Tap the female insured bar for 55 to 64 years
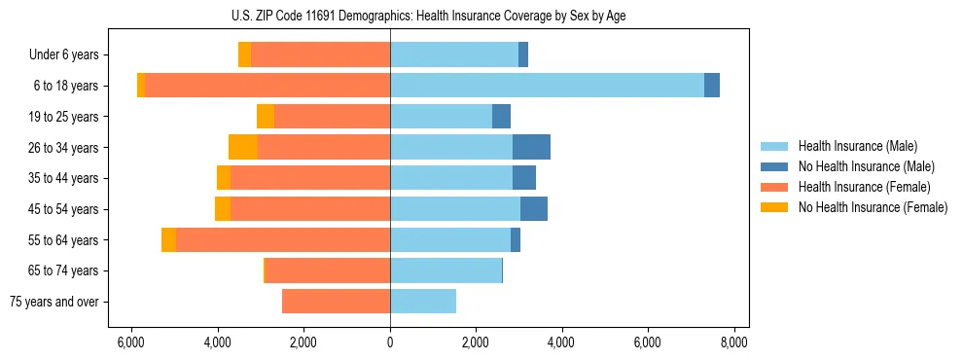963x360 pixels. coord(282,239)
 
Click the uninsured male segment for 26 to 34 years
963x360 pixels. coord(531,147)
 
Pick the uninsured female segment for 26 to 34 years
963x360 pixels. coord(243,147)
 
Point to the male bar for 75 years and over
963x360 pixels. coord(423,302)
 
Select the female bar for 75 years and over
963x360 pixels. coord(336,302)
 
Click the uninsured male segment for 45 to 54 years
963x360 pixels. coord(534,209)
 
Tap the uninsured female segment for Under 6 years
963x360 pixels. coord(244,54)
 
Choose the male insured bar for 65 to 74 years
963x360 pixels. coord(446,270)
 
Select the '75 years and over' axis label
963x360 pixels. coord(54,302)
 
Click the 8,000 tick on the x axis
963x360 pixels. coord(733,342)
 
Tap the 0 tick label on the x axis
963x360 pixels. coord(390,342)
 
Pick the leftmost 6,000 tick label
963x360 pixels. coord(130,342)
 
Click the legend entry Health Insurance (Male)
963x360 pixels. coord(857,146)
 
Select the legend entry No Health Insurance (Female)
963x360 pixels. coord(873,207)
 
